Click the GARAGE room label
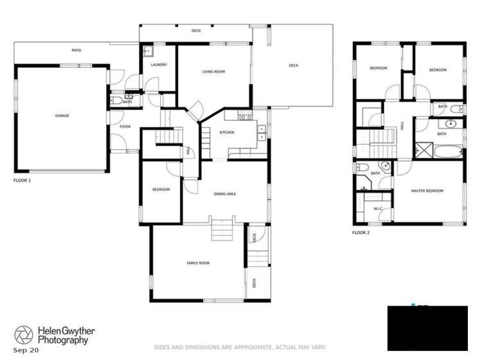(x=62, y=116)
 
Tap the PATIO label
(x=76, y=50)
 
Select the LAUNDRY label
(x=159, y=65)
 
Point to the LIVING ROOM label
(x=213, y=72)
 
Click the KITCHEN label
(x=227, y=133)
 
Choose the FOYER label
(x=125, y=127)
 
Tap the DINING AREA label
(x=225, y=193)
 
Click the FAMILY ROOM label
(x=198, y=263)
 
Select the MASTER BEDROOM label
(x=427, y=191)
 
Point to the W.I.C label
(x=378, y=209)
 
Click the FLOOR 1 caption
(x=22, y=181)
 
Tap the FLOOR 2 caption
(x=361, y=233)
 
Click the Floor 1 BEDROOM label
(x=161, y=190)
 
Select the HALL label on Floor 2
(x=402, y=127)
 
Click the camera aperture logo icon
(x=24, y=334)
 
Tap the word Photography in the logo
(x=62, y=341)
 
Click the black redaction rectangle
(x=427, y=328)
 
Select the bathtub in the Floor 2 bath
(x=447, y=152)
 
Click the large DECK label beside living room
(x=294, y=65)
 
